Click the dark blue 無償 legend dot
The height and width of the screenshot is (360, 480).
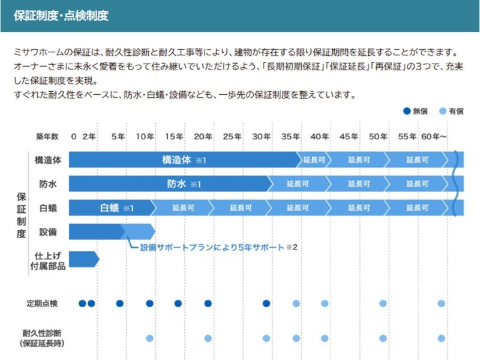point(407,111)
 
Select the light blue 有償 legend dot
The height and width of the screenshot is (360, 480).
point(443,111)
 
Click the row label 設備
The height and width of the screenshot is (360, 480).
point(48,232)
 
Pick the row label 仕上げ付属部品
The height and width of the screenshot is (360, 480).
point(48,260)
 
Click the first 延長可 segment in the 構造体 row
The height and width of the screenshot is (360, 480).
point(314,160)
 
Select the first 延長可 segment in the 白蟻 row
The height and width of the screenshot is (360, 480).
point(182,208)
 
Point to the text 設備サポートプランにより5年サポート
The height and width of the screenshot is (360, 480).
point(211,247)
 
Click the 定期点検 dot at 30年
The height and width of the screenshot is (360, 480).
point(266,303)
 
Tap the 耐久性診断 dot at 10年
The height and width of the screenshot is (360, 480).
point(149,338)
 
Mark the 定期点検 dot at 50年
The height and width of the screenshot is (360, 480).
point(383,303)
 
